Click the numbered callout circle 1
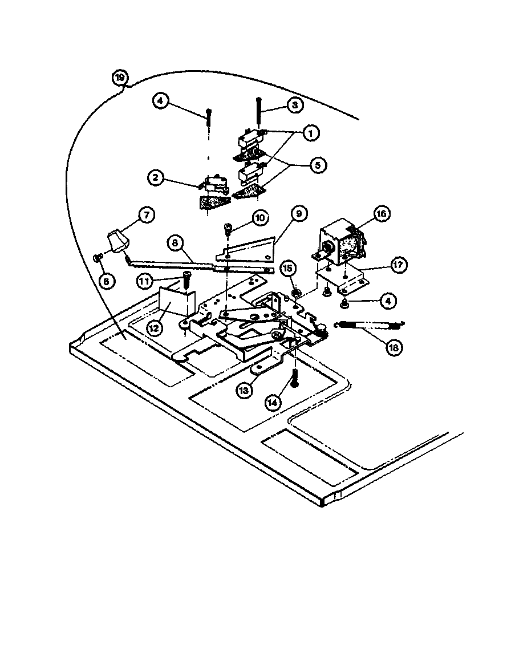click(x=310, y=133)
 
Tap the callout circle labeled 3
click(x=295, y=106)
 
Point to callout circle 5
click(x=317, y=165)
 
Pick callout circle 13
click(x=244, y=390)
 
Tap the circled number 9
click(x=298, y=214)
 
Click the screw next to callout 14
click(x=294, y=378)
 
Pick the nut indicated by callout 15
click(x=297, y=293)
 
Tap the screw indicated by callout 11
click(x=186, y=283)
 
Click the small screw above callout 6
click(x=97, y=258)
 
